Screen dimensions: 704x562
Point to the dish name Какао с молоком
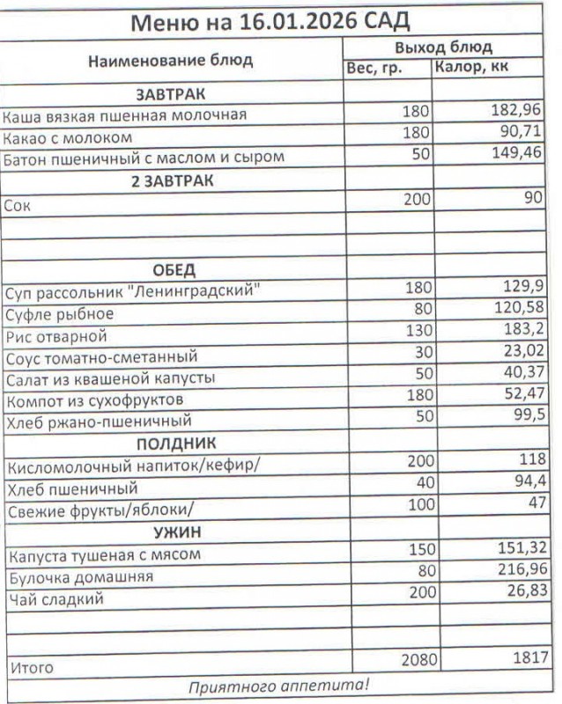click(68, 138)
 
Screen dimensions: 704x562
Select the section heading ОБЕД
click(174, 269)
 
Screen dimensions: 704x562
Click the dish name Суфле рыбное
click(59, 314)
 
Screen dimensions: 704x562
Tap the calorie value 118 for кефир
click(532, 460)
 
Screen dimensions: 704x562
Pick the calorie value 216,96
click(518, 573)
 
